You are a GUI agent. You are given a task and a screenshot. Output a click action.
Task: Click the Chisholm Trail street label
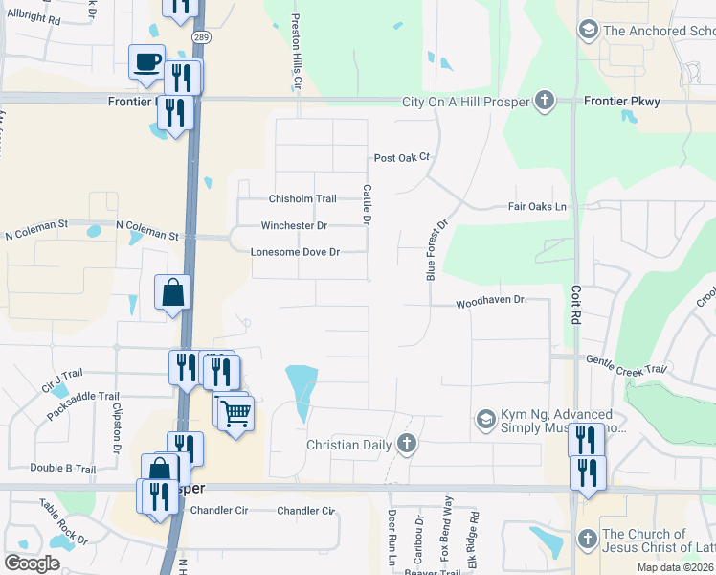pyautogui.click(x=302, y=199)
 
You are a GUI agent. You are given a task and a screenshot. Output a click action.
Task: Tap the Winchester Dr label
pyautogui.click(x=294, y=226)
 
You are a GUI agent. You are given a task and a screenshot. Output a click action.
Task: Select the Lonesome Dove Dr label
pyautogui.click(x=295, y=253)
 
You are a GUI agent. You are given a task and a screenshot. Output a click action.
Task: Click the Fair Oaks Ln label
pyautogui.click(x=537, y=207)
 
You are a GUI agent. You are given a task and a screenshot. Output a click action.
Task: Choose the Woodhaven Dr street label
pyautogui.click(x=490, y=300)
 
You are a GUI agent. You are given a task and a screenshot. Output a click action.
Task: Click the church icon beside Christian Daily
pyautogui.click(x=407, y=445)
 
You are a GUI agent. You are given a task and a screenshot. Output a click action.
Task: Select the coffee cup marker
pyautogui.click(x=147, y=62)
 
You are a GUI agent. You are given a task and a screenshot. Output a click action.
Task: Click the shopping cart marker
pyautogui.click(x=235, y=414)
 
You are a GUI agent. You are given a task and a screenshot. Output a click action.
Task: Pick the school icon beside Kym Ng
pyautogui.click(x=486, y=419)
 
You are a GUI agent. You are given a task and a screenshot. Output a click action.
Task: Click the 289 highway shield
pyautogui.click(x=200, y=36)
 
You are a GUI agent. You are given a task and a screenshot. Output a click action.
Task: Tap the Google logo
pyautogui.click(x=33, y=563)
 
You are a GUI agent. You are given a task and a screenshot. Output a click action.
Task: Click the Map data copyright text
pyautogui.click(x=675, y=567)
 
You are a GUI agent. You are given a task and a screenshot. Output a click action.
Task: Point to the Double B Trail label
pyautogui.click(x=63, y=469)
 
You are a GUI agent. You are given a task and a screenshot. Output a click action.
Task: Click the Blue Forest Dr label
pyautogui.click(x=436, y=250)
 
